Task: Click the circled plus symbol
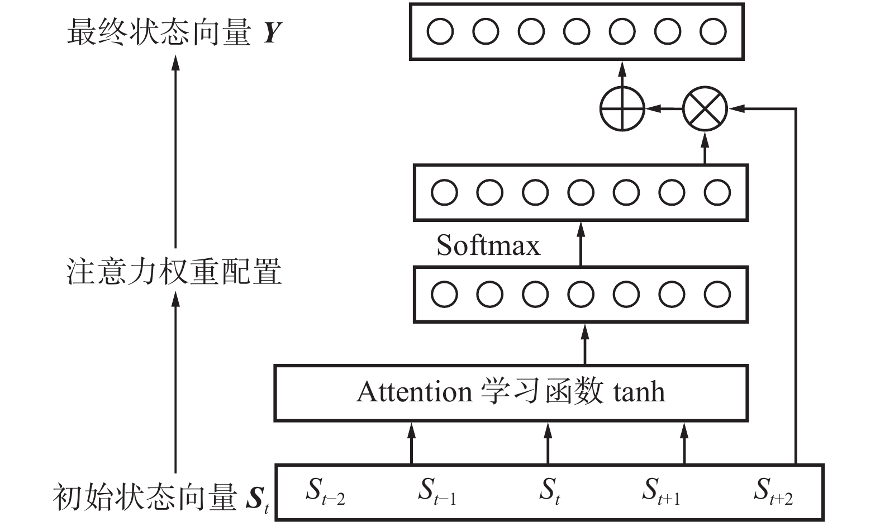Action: pos(622,108)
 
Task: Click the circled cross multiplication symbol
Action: pos(705,108)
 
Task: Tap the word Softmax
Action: pos(488,245)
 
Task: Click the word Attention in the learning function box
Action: pos(414,392)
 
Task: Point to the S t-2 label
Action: pos(325,491)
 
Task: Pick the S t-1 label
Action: pos(437,491)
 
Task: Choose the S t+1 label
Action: pos(661,491)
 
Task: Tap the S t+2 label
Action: pos(773,491)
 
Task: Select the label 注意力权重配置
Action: pos(174,272)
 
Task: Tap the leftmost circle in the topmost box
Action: pos(440,31)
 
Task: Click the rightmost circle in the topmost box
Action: pos(713,31)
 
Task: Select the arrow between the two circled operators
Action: pos(664,108)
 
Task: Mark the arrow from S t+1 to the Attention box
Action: pos(684,443)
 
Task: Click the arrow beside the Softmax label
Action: pos(581,243)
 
